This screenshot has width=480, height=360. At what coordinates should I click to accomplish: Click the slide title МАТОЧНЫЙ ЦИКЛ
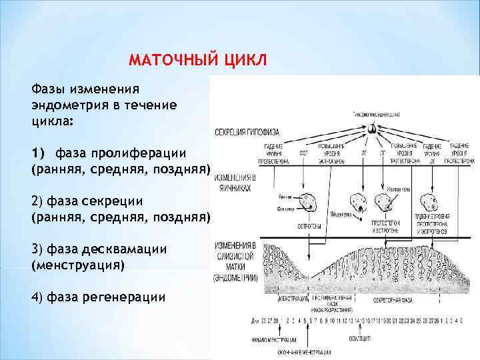tap(197, 60)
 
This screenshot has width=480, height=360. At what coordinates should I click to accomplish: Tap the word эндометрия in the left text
tap(66, 104)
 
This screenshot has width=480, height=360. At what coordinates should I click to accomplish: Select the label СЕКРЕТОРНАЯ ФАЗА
tap(394, 300)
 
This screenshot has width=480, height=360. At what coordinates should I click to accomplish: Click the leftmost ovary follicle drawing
tap(308, 201)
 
